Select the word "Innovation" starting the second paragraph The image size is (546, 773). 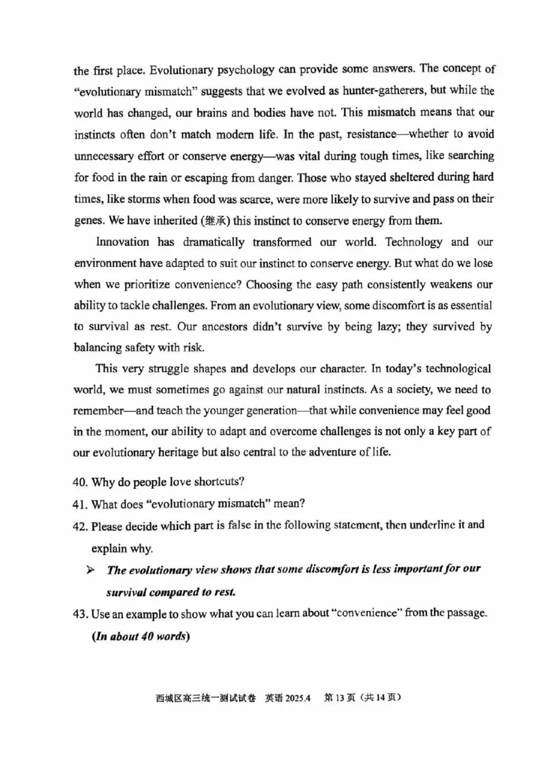121,242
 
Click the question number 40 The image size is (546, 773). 80,481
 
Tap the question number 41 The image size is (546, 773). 80,504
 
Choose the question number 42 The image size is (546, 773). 80,526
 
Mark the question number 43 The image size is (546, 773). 80,614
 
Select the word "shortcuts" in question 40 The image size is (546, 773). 218,481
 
